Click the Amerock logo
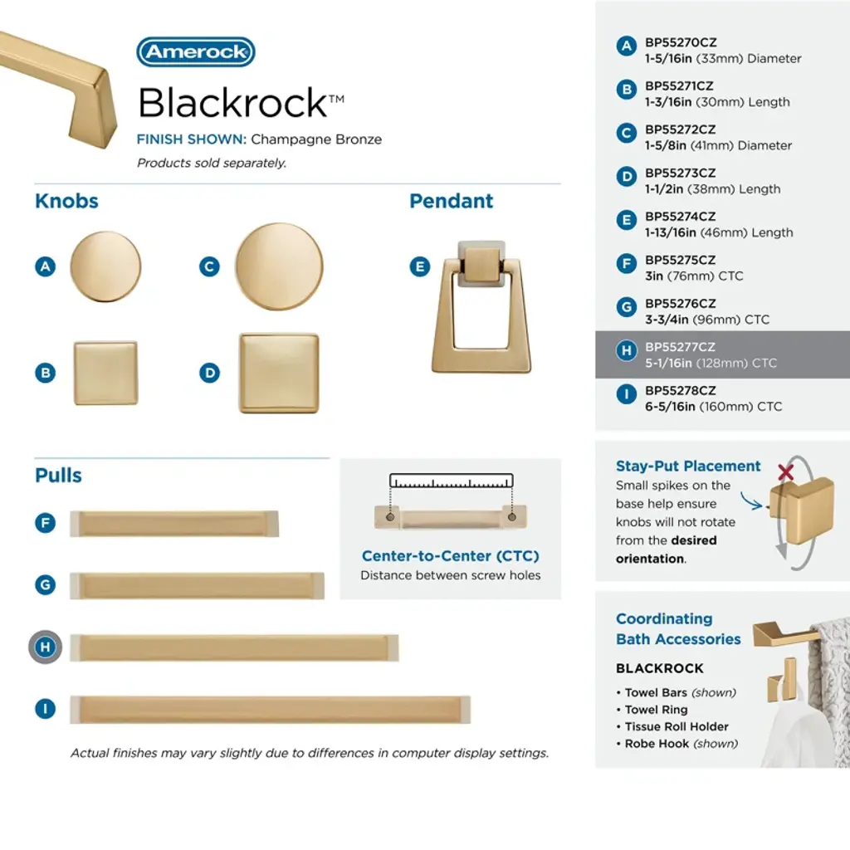196,52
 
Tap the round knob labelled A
105,266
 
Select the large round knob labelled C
279,266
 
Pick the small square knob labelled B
105,373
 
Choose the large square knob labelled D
279,373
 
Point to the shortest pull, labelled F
174,524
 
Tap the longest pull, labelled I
270,710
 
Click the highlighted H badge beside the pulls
46,647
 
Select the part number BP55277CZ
680,347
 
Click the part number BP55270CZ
681,42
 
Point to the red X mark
785,472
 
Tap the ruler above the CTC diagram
451,481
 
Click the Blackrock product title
242,102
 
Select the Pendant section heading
451,201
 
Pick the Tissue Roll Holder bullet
672,726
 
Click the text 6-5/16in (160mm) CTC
713,407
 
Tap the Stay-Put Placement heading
688,467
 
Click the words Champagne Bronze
316,139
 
